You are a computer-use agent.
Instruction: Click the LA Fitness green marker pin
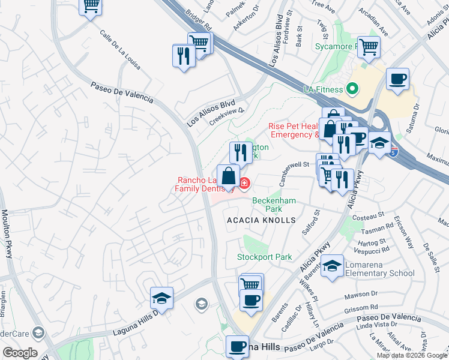[352, 90]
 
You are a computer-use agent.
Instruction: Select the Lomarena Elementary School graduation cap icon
[332, 266]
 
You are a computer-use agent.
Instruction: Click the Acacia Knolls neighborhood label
[261, 220]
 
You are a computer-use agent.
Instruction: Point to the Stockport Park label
[264, 257]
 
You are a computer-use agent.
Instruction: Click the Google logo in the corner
[20, 353]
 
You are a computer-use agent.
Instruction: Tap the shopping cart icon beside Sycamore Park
[369, 46]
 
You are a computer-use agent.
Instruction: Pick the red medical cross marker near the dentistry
[244, 182]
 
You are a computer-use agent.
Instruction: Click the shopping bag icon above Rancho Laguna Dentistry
[228, 176]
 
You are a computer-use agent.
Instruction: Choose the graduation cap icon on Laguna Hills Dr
[161, 298]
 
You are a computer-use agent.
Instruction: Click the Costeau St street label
[369, 214]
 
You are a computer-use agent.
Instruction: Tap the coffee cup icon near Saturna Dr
[397, 79]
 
